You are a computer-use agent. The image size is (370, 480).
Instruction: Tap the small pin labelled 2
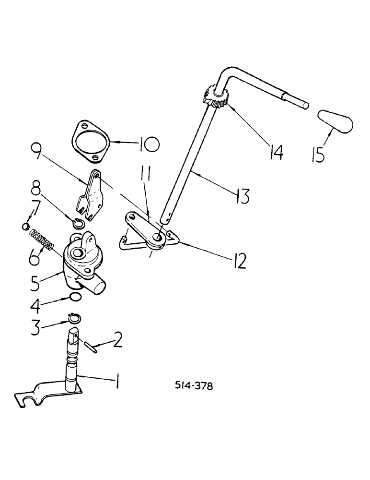pos(90,346)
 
